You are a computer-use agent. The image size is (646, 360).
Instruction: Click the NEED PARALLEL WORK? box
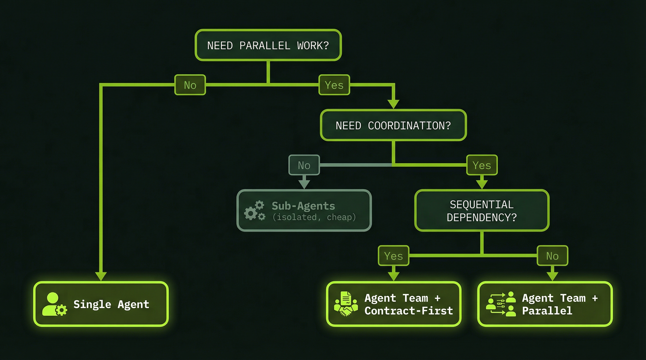[268, 45]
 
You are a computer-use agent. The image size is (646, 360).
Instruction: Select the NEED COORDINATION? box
[393, 125]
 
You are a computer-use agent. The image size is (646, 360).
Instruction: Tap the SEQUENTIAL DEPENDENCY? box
[482, 210]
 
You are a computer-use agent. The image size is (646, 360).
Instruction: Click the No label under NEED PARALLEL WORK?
[190, 85]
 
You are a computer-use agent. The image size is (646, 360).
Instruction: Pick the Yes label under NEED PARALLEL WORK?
[334, 85]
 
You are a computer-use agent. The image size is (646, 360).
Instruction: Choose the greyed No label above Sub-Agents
[304, 165]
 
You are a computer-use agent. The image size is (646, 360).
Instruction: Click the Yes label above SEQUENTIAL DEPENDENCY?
[482, 165]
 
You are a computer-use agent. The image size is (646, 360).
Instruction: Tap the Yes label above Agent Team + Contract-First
[393, 256]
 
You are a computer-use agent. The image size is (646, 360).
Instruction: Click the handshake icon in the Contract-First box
[346, 304]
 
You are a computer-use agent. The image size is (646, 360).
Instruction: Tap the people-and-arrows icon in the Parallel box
[501, 304]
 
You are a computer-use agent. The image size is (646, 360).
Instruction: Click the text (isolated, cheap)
[314, 217]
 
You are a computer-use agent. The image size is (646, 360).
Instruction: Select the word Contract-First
[408, 311]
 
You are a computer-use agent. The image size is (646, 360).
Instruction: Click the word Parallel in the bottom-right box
[547, 311]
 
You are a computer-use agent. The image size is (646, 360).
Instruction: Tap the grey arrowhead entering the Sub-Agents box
[304, 184]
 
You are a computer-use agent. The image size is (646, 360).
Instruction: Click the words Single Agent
[111, 304]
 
